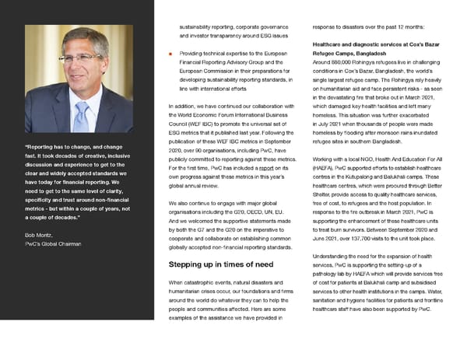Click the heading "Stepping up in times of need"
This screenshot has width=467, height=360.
(x=220, y=264)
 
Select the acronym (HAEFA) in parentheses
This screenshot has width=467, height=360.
(x=325, y=168)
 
